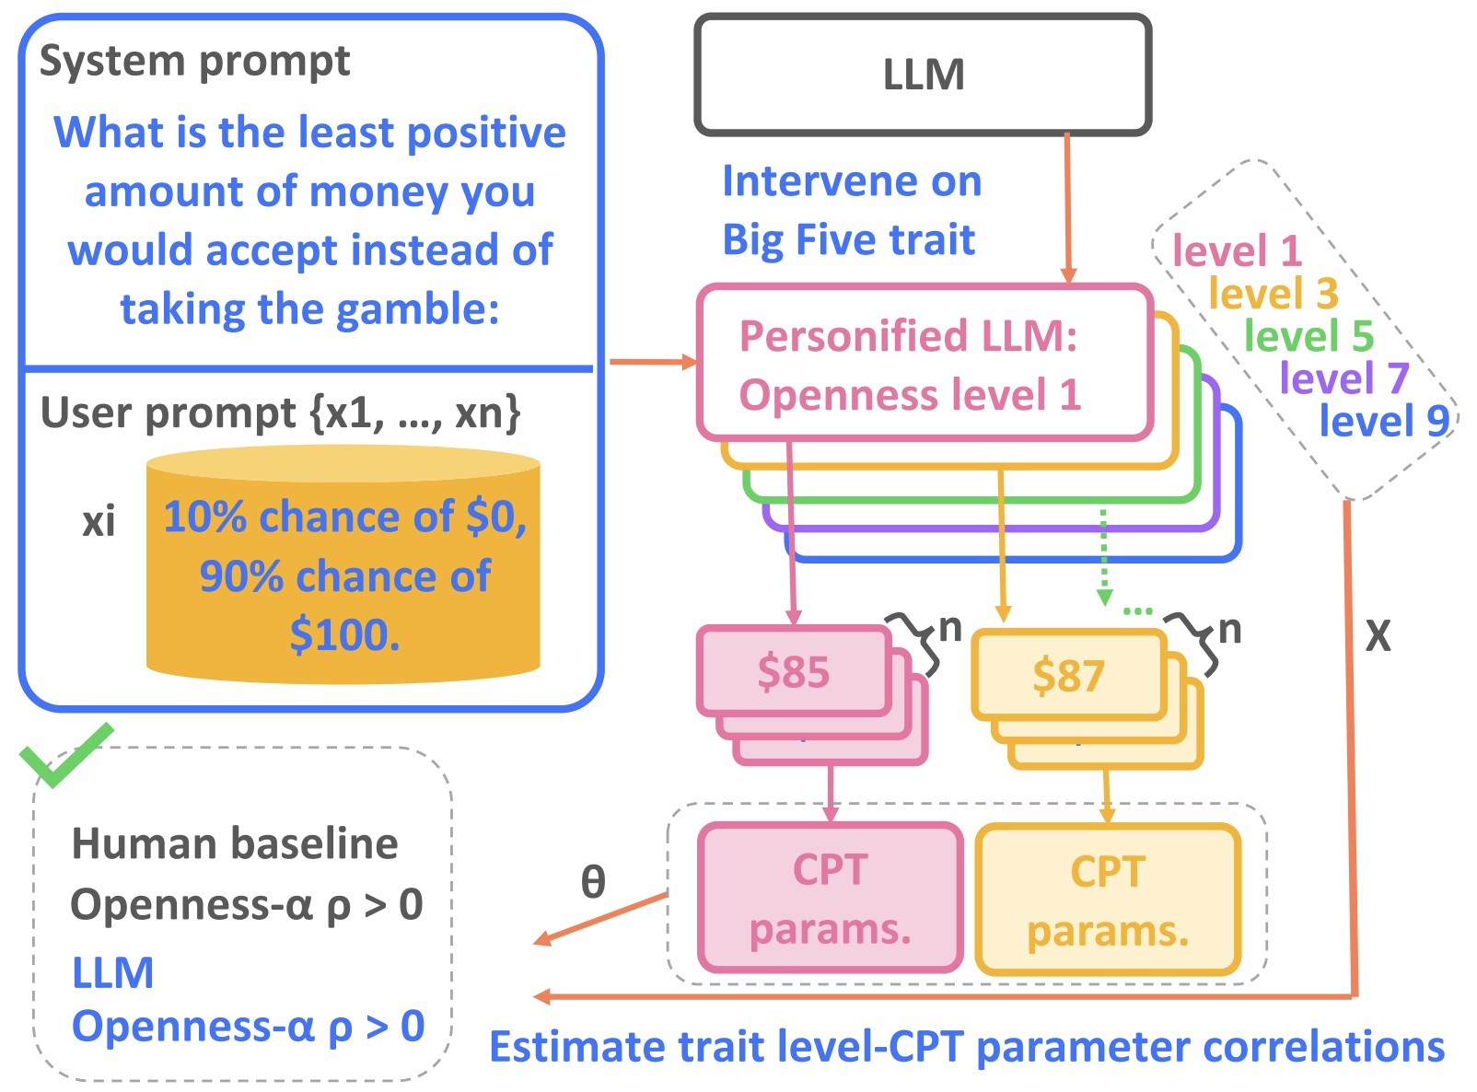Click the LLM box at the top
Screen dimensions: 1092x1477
[x=923, y=75]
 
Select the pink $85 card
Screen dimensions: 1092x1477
[x=793, y=671]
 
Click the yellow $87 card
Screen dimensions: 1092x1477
[x=1067, y=676]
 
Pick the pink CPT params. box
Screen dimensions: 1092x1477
[x=830, y=898]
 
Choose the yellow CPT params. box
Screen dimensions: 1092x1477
[x=1108, y=900]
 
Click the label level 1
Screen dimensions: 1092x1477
[x=1236, y=250]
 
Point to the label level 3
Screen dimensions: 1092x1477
[x=1273, y=294]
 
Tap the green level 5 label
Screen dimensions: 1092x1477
[x=1308, y=336]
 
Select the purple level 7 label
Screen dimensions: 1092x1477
[x=1344, y=378]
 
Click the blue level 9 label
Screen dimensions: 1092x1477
[x=1384, y=421]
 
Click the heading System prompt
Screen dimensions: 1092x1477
[x=194, y=62]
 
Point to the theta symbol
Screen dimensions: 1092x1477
[x=593, y=882]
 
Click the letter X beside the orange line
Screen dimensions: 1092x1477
[x=1378, y=635]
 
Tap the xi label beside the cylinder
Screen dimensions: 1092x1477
[x=99, y=522]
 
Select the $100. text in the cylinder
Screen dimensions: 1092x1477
[x=344, y=634]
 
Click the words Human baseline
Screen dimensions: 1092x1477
[x=235, y=843]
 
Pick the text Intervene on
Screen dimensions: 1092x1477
[x=852, y=180]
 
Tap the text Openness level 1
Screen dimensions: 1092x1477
[x=910, y=395]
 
